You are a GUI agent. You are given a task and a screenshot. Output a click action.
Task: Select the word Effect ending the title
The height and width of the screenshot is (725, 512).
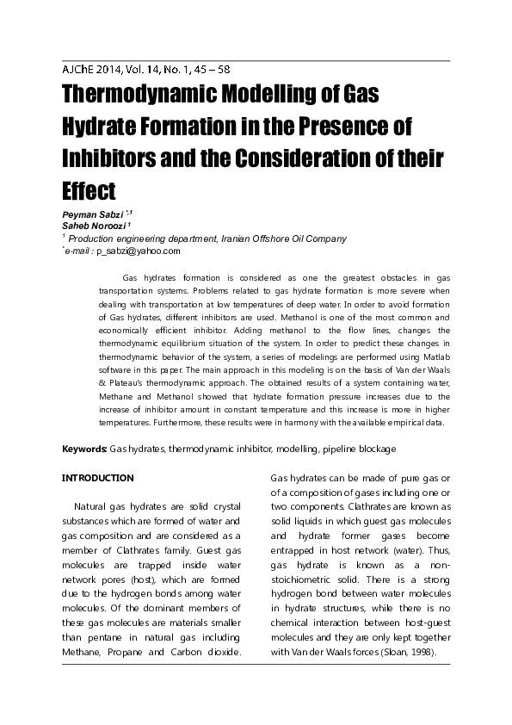pos(89,189)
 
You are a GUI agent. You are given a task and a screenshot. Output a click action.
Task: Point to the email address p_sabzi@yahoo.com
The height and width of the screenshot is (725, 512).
pos(138,251)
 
